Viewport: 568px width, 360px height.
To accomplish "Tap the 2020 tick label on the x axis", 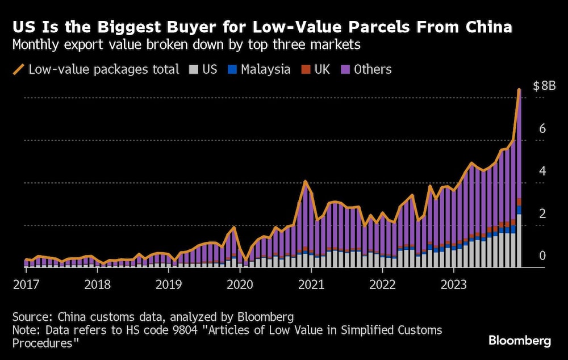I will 239,284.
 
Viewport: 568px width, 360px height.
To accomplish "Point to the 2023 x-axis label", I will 454,284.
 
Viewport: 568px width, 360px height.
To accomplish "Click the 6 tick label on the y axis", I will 542,129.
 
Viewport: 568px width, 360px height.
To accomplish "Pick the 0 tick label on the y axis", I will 542,256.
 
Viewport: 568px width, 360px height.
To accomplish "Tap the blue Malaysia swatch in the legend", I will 231,70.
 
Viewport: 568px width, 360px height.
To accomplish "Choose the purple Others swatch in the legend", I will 345,70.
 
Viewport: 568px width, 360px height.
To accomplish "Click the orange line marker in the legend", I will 18,70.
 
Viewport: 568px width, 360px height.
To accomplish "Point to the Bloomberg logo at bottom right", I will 520,341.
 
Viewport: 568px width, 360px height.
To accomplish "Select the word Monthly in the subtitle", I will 37,44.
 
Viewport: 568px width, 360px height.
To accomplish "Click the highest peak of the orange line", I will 519,89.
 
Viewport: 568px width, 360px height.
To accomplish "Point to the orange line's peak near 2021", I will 306,181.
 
